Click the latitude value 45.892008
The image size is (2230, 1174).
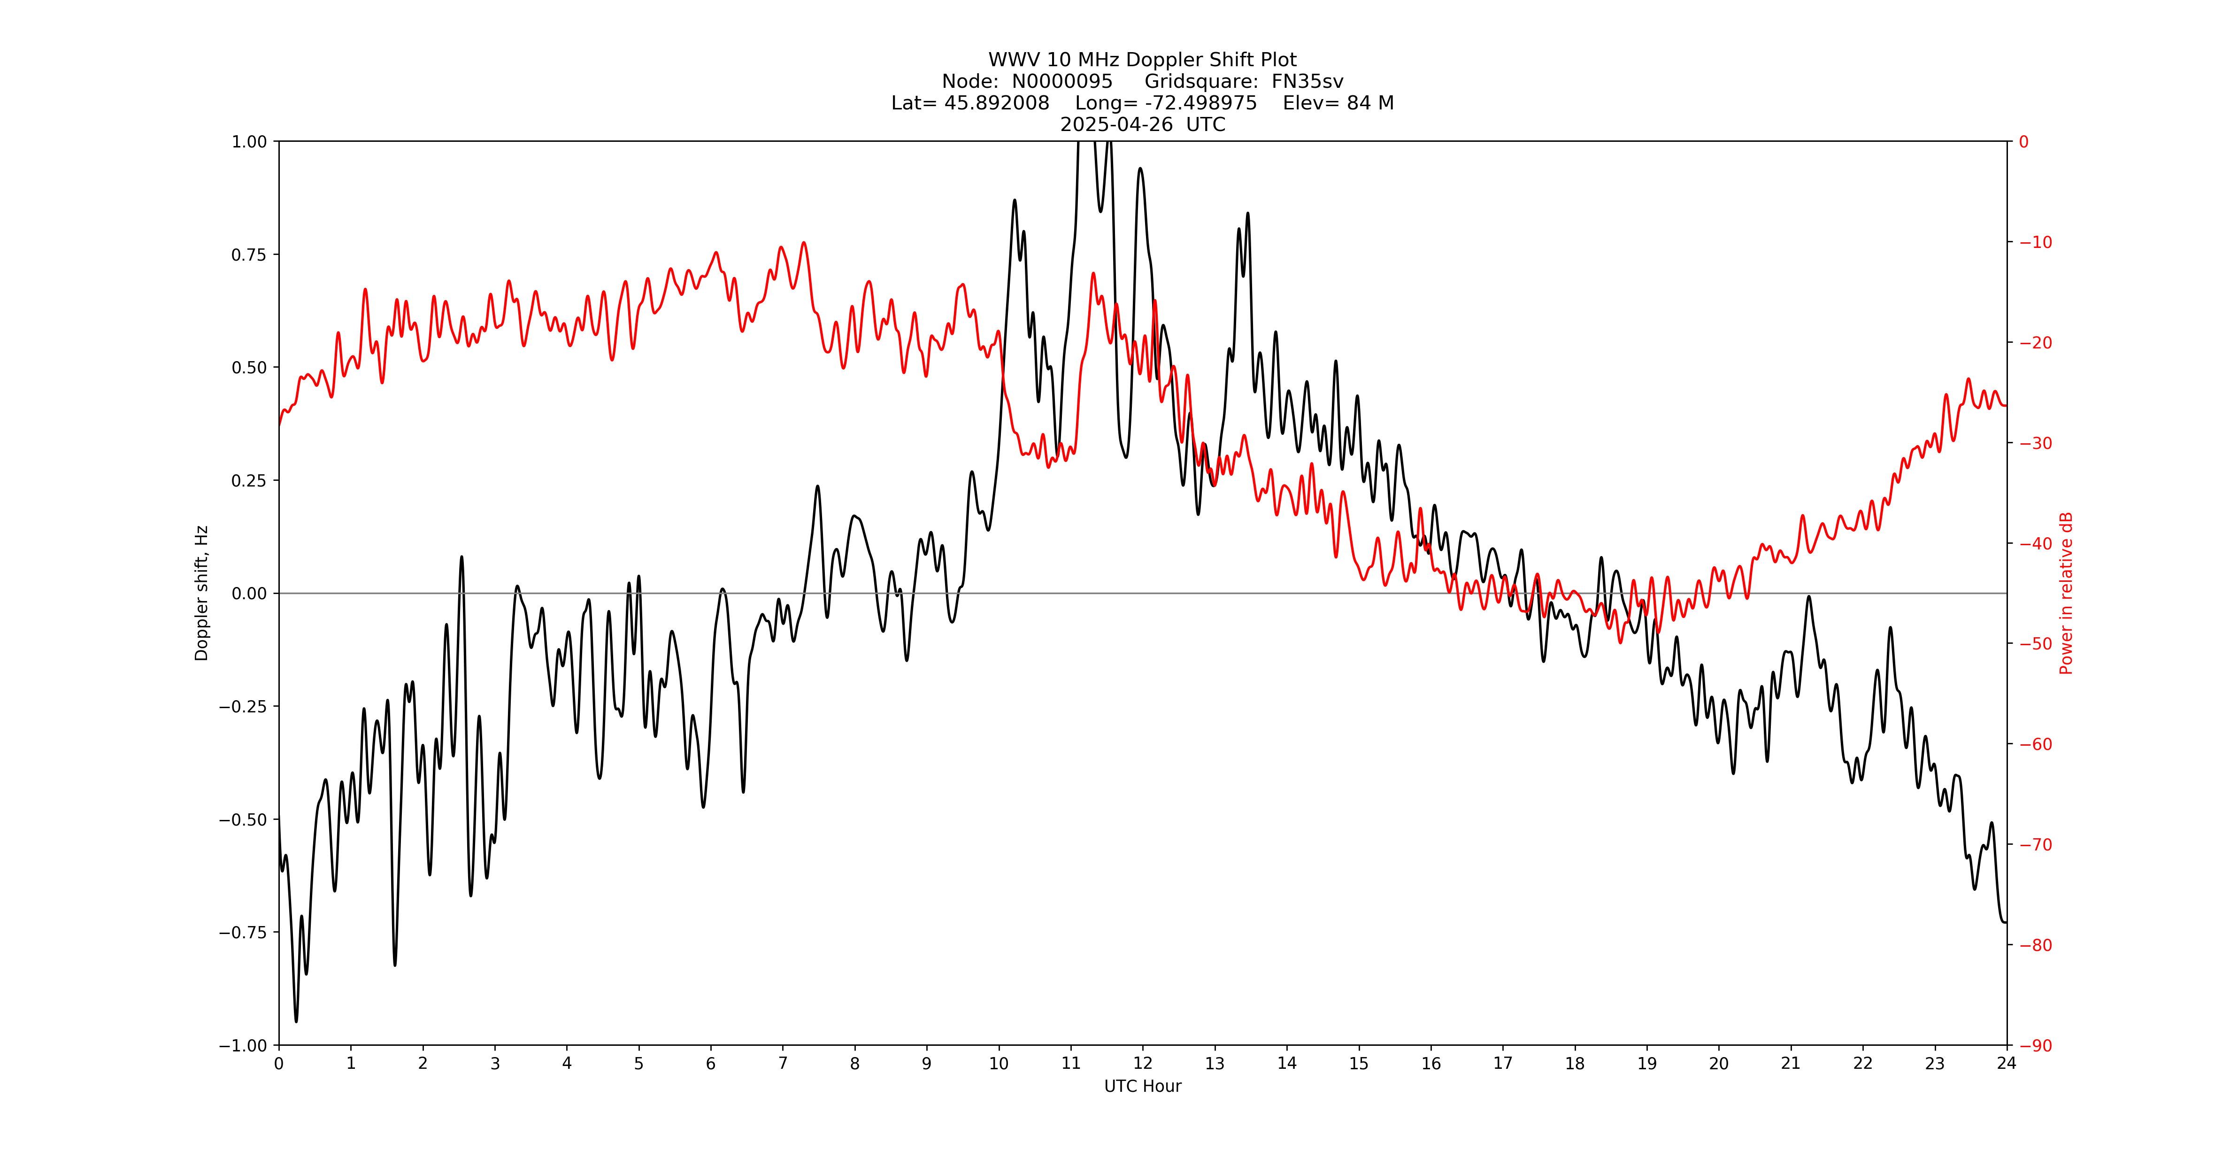(996, 103)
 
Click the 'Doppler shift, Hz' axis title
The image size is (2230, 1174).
(202, 593)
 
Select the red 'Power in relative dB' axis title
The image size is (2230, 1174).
(2066, 593)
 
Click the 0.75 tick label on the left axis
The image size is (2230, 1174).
(248, 255)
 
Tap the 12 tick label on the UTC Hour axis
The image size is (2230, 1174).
(1143, 1063)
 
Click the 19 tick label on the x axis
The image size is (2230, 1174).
(1646, 1063)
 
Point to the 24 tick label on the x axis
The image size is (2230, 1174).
(2007, 1063)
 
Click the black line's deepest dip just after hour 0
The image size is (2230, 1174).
(296, 1021)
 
